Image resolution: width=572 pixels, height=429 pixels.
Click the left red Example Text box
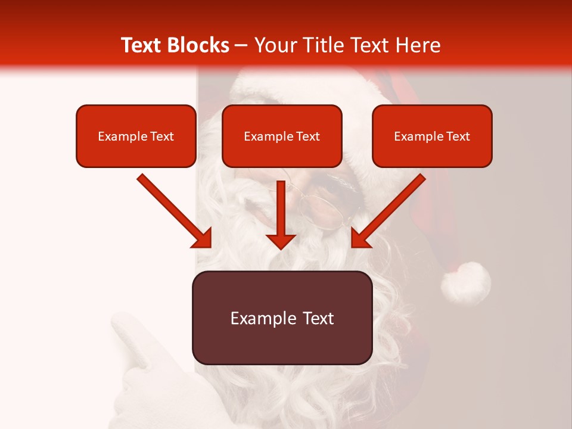(x=136, y=136)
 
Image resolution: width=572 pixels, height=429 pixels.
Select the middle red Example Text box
(x=282, y=136)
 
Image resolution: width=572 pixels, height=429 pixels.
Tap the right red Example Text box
(x=432, y=136)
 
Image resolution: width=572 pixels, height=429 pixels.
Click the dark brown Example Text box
(x=282, y=318)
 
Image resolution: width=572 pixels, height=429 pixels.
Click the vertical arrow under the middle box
(x=281, y=214)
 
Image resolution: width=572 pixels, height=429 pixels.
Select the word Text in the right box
(x=458, y=136)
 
